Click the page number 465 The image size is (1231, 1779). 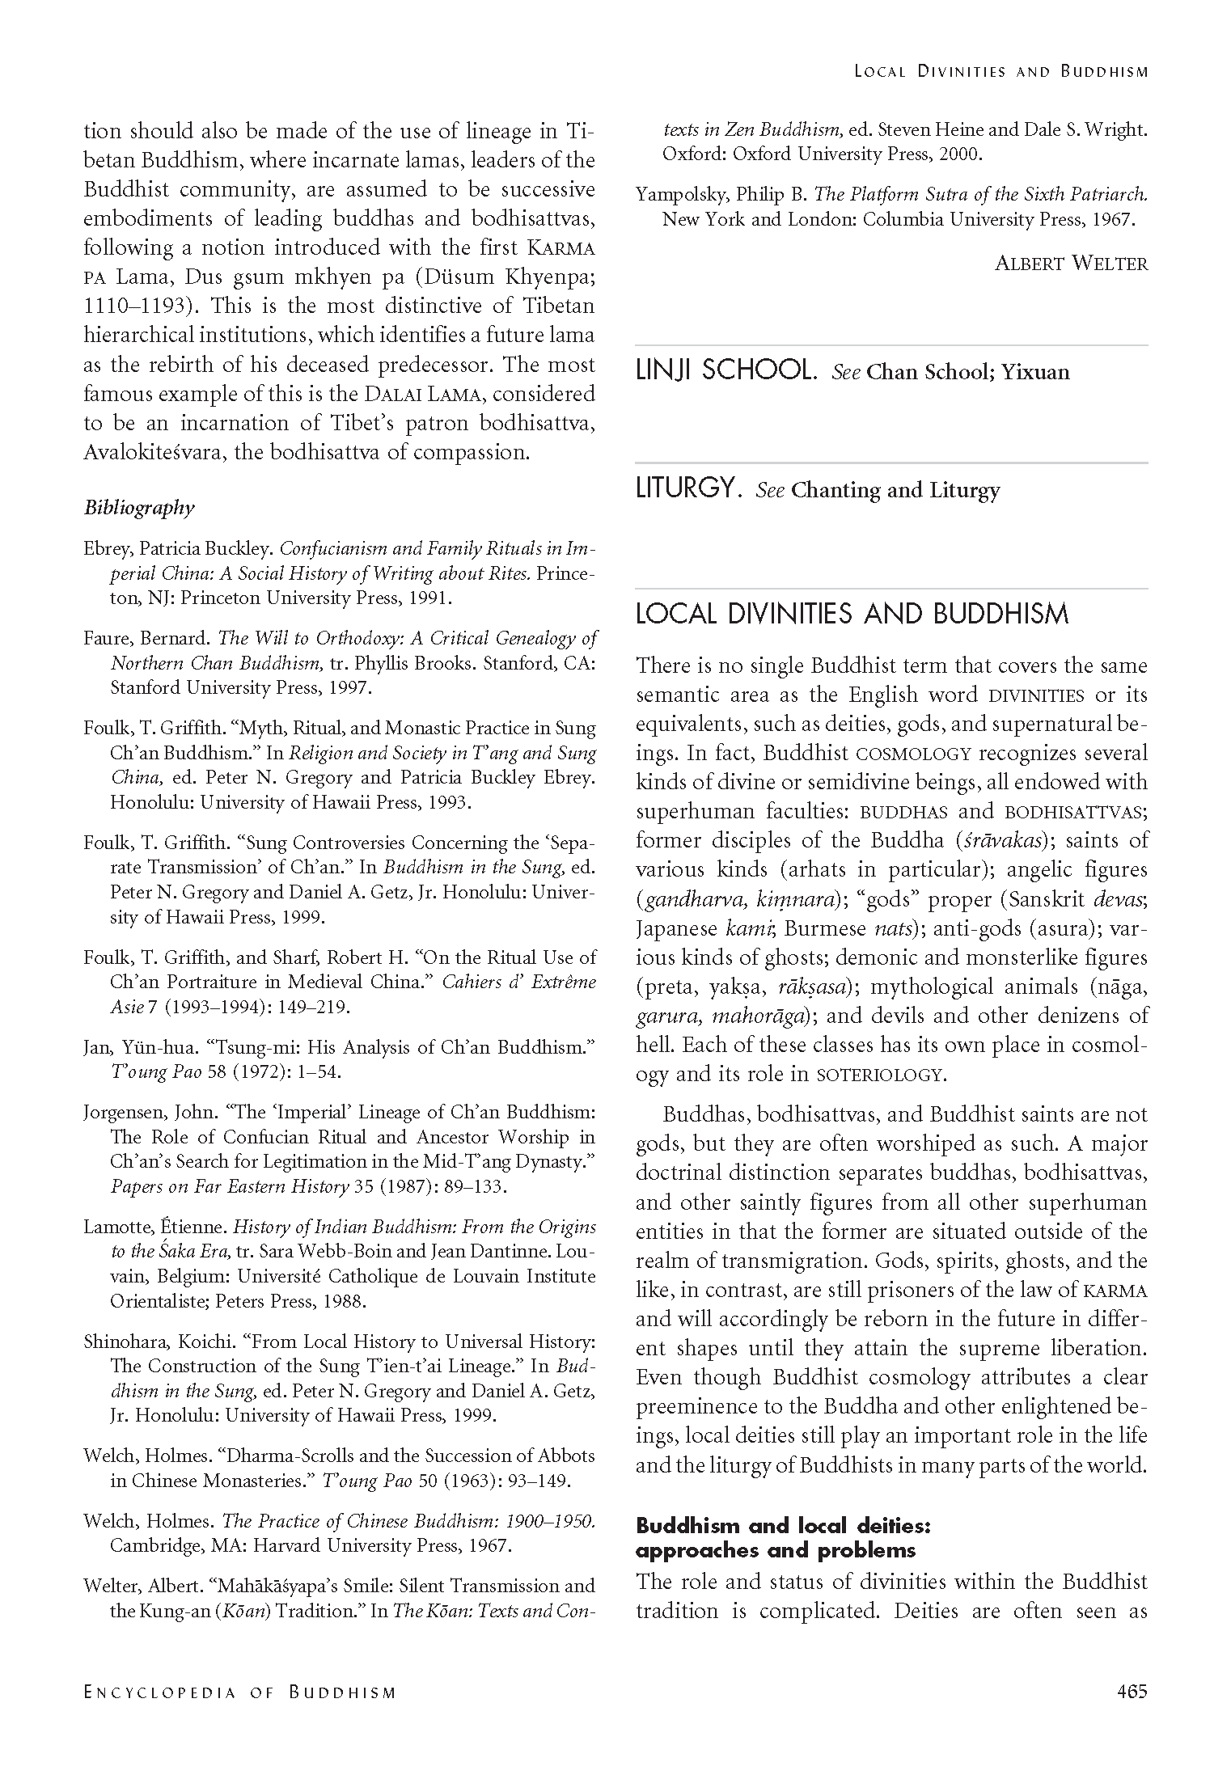coord(1131,1713)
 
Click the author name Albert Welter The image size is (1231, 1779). coord(1071,263)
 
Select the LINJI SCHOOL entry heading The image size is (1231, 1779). coord(725,371)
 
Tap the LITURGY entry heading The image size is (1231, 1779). coord(688,489)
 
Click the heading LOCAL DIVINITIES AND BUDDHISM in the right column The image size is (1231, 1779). coord(852,615)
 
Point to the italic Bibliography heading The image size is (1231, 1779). coord(139,508)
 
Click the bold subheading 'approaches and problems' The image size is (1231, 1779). coord(775,1550)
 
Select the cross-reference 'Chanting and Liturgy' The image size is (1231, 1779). coord(895,490)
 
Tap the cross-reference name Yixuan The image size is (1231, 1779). coord(1035,372)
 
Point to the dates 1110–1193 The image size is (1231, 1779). coord(129,306)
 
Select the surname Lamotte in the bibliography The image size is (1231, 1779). coord(115,1227)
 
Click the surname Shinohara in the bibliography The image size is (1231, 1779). coord(121,1342)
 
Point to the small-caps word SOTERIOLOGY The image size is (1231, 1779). coord(879,1075)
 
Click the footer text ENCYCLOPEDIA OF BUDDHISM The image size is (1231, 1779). coord(239,1714)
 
